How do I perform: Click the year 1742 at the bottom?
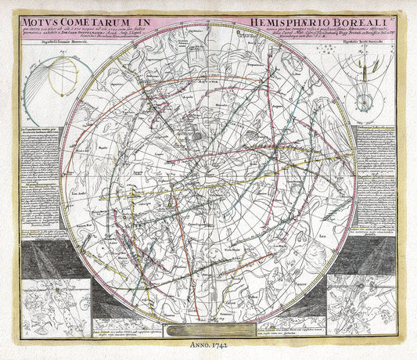click(x=221, y=342)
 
